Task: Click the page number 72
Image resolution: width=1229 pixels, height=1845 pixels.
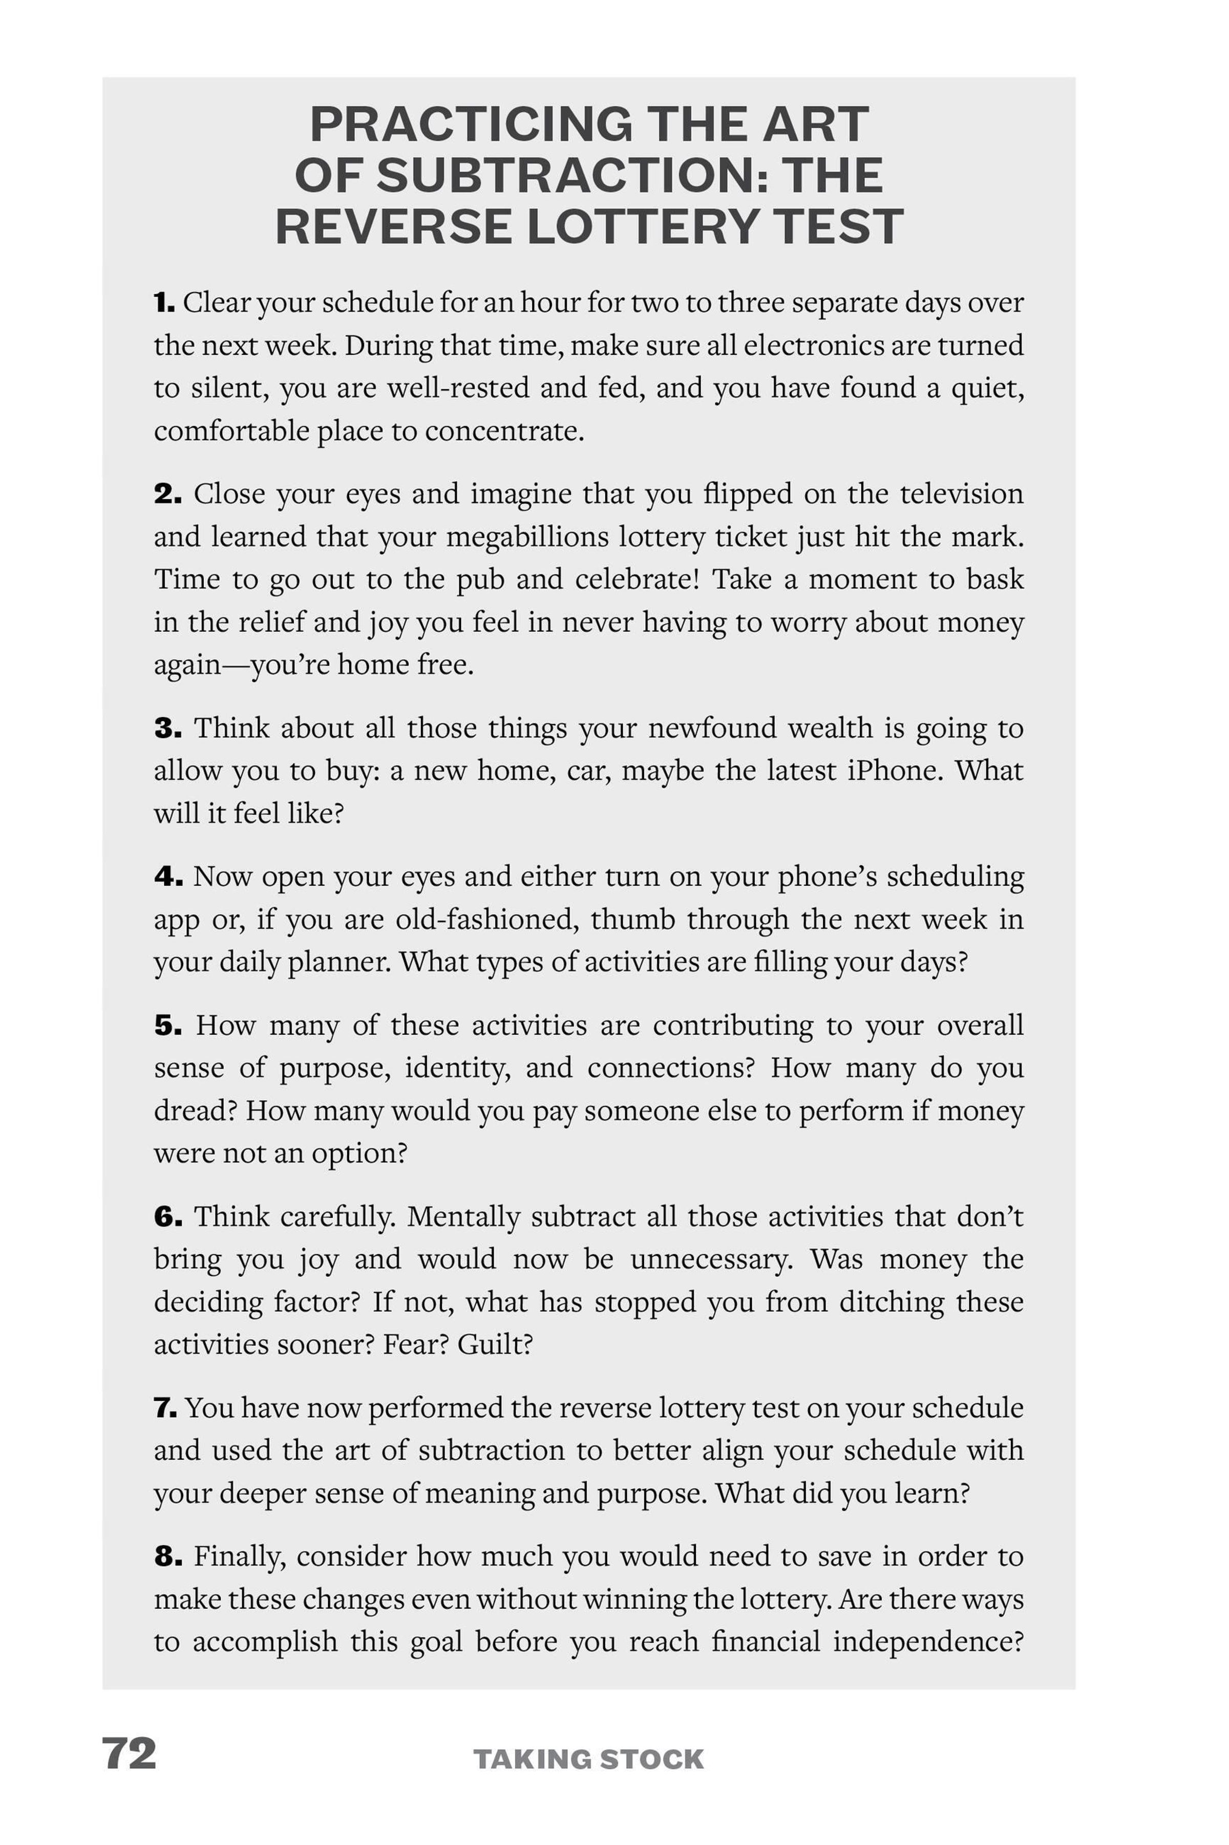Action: point(130,1753)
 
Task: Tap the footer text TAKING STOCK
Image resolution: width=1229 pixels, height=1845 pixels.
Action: point(588,1759)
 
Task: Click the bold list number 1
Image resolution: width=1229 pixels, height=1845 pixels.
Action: point(164,303)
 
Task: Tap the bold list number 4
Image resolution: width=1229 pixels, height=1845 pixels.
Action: point(168,876)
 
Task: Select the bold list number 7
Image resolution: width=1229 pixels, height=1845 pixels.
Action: point(165,1407)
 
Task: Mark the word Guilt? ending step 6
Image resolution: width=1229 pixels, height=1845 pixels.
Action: point(495,1344)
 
